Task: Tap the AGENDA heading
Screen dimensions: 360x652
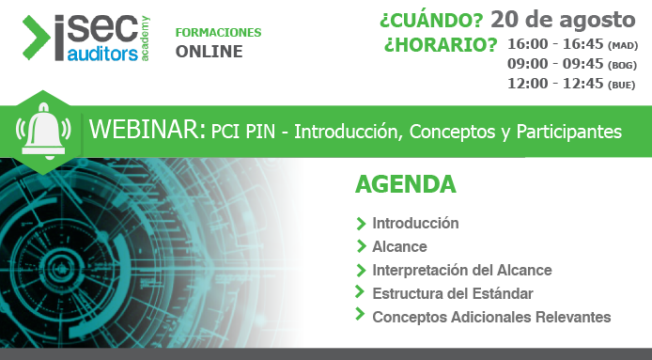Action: coord(405,184)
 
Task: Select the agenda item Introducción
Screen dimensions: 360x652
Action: coord(415,224)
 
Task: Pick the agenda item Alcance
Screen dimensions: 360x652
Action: coord(399,246)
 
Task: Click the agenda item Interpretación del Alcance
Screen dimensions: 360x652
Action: coord(461,270)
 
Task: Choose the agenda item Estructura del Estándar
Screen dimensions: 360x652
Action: coord(453,293)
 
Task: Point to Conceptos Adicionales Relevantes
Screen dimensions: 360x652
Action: coord(491,317)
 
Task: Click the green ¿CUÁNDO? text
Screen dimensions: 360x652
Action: coord(431,20)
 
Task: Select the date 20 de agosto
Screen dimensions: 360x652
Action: coord(563,18)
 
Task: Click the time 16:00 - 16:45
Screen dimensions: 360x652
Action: coord(555,44)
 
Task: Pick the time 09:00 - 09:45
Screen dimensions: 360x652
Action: coord(555,65)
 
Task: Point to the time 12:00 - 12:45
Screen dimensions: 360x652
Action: coord(555,86)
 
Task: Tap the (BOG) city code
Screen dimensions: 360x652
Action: coord(622,66)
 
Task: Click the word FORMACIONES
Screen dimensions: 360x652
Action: coord(218,33)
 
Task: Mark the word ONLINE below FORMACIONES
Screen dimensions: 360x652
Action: coord(209,52)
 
